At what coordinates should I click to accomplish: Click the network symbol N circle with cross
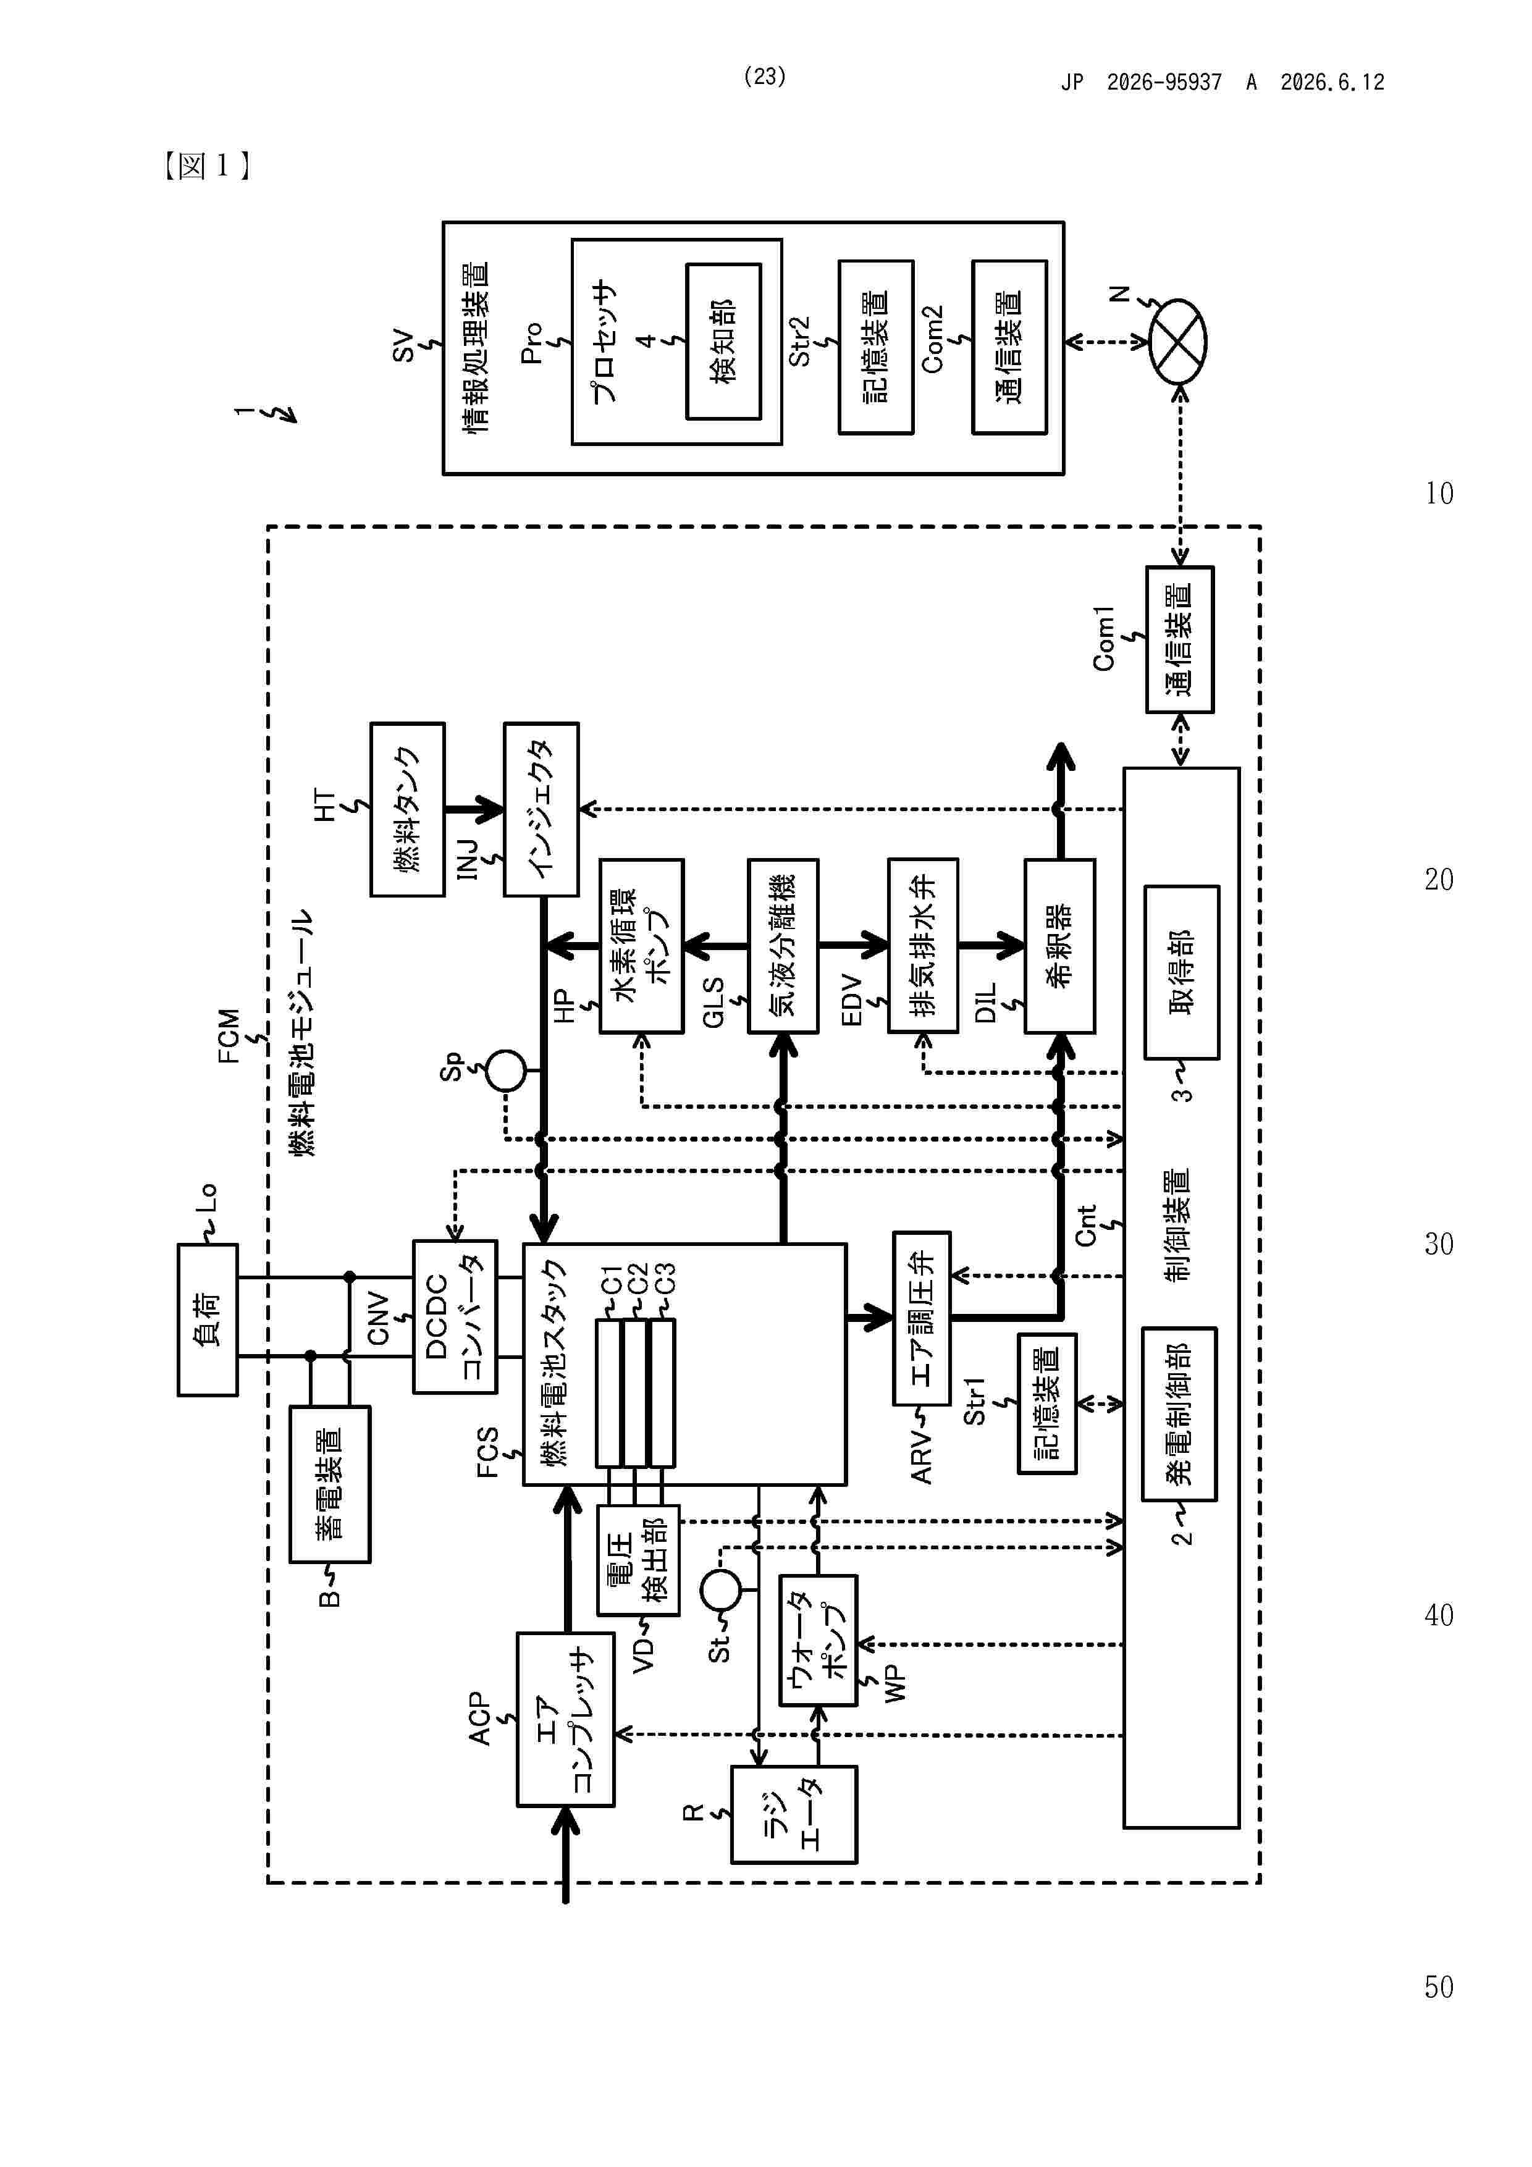[x=1178, y=342]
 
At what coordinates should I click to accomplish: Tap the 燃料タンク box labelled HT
[x=408, y=810]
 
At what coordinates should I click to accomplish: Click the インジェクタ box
[x=541, y=810]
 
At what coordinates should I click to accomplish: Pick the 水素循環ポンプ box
[x=642, y=946]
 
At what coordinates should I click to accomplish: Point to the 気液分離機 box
[x=783, y=946]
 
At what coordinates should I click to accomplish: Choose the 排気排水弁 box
[x=923, y=946]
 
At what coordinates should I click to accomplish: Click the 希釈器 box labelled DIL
[x=1060, y=946]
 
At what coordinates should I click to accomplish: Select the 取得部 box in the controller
[x=1182, y=972]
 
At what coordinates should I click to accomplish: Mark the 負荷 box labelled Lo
[x=208, y=1319]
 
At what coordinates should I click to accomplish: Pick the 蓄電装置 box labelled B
[x=329, y=1484]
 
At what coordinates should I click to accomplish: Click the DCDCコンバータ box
[x=455, y=1316]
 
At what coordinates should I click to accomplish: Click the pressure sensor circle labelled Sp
[x=506, y=1071]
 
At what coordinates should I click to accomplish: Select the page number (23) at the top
[x=765, y=77]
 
